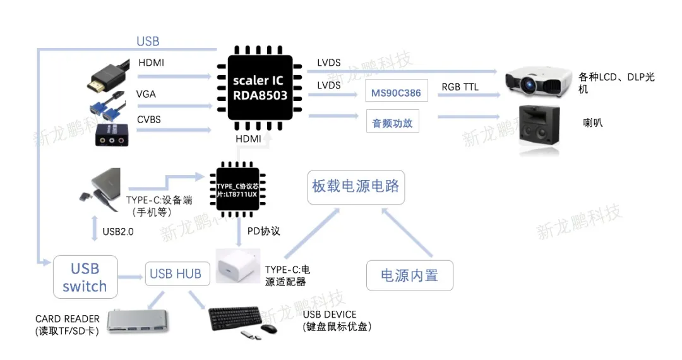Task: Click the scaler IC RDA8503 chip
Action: click(259, 88)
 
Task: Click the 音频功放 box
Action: click(392, 123)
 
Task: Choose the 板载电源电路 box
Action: click(356, 186)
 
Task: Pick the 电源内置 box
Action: click(409, 275)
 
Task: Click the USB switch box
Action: click(85, 277)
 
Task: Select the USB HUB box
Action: click(175, 273)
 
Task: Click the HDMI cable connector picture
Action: click(105, 75)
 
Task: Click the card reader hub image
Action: click(140, 321)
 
